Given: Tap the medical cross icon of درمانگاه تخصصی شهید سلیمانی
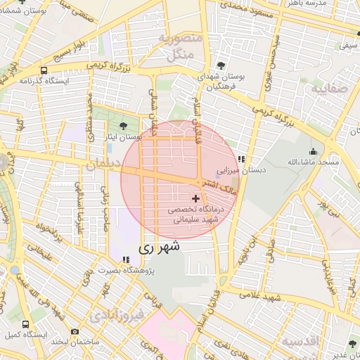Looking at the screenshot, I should point(195,199).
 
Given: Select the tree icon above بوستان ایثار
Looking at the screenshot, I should point(124,125).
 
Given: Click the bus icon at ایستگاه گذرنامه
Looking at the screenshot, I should point(44,70).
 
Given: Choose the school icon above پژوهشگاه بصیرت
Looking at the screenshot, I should point(127,259).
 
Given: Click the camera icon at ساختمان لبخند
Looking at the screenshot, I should point(75,330).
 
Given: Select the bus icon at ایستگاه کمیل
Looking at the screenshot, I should point(26,324).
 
